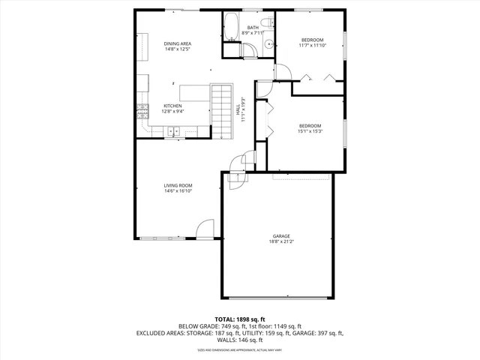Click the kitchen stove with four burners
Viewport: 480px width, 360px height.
pyautogui.click(x=141, y=112)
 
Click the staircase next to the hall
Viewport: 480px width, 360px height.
pyautogui.click(x=222, y=110)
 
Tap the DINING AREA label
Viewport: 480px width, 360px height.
pyautogui.click(x=178, y=44)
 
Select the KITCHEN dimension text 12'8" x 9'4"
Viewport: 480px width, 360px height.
pyautogui.click(x=173, y=111)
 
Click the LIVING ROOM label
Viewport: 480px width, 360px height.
pyautogui.click(x=178, y=185)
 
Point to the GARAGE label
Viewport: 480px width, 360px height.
pyautogui.click(x=281, y=235)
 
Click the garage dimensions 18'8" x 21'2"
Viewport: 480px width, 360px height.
pyautogui.click(x=281, y=241)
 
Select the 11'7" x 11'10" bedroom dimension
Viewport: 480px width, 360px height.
pyautogui.click(x=312, y=45)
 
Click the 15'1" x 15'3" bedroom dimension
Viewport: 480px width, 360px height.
pyautogui.click(x=310, y=130)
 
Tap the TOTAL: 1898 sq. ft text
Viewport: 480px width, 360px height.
pyautogui.click(x=239, y=319)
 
